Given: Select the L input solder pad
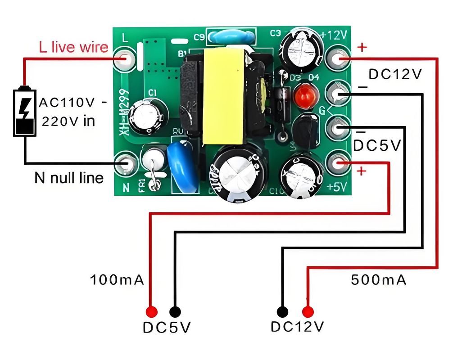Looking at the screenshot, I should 125,59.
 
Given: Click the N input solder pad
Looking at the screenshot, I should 125,164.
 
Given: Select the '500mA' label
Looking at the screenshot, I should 379,280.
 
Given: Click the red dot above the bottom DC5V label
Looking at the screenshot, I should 151,311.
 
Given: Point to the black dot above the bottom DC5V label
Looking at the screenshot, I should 175,311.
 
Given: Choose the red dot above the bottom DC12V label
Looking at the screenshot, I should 308,311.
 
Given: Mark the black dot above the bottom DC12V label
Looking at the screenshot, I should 283,311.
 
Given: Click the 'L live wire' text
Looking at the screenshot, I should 73,47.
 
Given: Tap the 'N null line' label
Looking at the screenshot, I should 69,178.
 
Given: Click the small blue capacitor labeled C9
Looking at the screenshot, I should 231,36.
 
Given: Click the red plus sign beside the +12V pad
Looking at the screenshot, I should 362,47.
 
